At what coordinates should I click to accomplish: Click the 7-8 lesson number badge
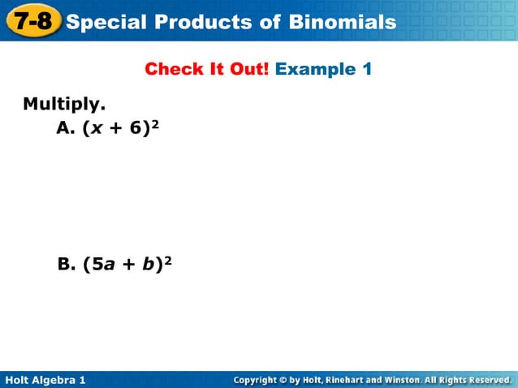[32, 20]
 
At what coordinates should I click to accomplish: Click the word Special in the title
[104, 21]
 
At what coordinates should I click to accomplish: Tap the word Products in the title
[192, 21]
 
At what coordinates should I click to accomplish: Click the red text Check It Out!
[207, 69]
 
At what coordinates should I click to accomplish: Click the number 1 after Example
[367, 69]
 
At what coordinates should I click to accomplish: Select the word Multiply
[64, 105]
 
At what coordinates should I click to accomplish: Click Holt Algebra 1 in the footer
[45, 380]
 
